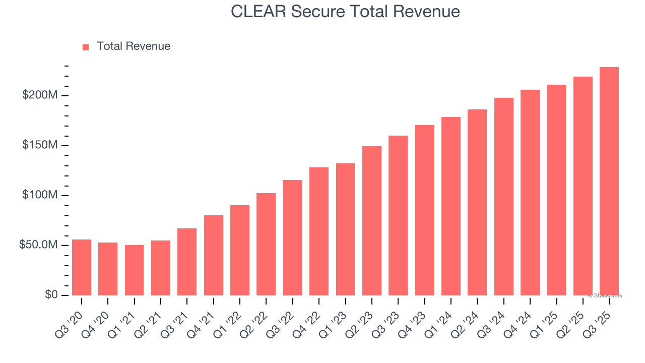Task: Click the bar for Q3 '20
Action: [x=82, y=267]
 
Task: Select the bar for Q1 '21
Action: [x=134, y=270]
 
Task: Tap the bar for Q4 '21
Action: [x=213, y=255]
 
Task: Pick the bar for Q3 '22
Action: [x=292, y=237]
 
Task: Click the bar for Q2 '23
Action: [x=371, y=221]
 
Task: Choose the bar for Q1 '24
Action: [x=450, y=206]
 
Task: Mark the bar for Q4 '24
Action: [x=530, y=193]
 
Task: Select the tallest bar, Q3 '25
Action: [x=609, y=181]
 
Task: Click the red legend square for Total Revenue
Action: [x=86, y=47]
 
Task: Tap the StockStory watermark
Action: [x=605, y=295]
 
